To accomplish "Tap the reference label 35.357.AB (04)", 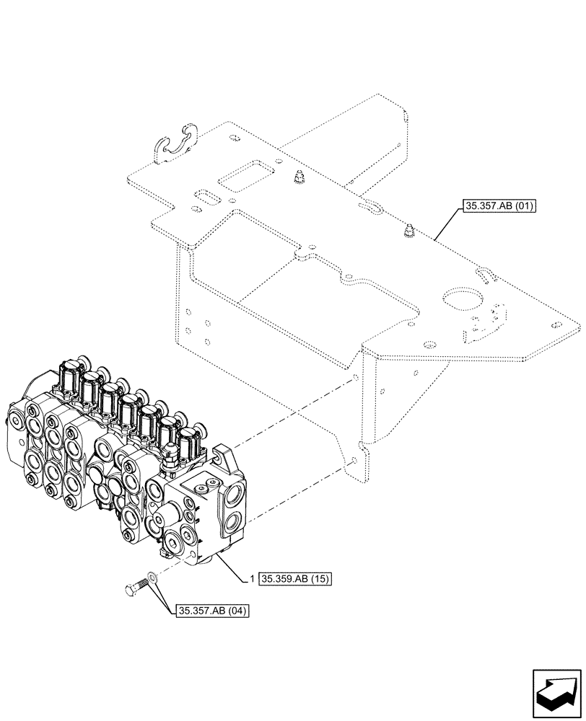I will click(x=211, y=611).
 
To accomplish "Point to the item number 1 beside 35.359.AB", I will click(x=250, y=578).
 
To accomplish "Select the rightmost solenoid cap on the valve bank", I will click(x=191, y=439).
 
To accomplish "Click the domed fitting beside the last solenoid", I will click(x=172, y=456).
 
